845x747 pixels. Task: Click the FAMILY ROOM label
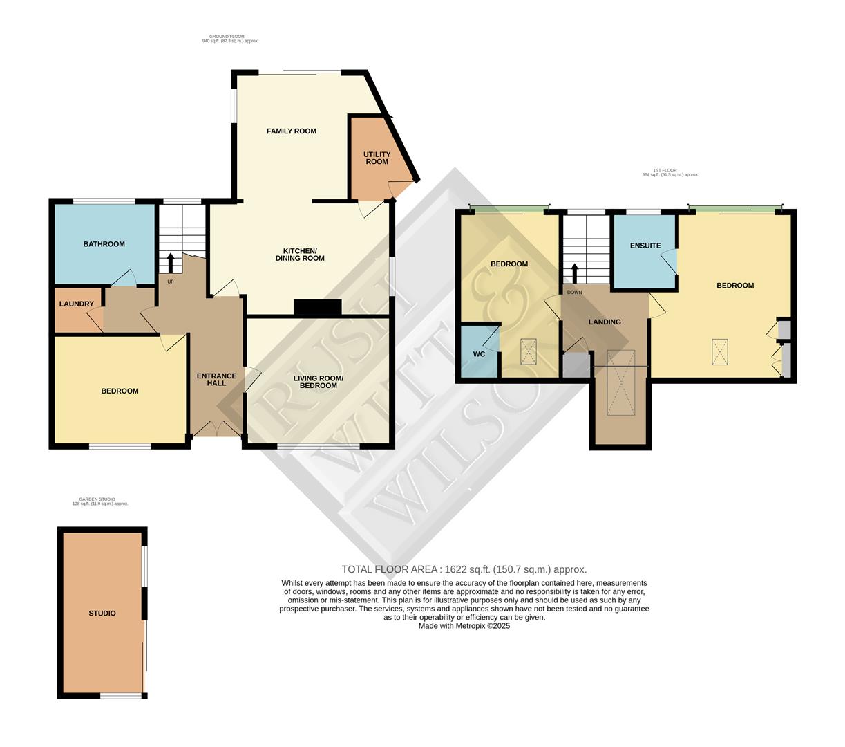(291, 131)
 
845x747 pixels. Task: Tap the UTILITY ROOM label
(377, 158)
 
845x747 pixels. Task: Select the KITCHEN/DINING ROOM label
(303, 254)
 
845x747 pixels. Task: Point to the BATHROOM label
(104, 244)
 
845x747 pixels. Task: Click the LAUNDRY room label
(76, 304)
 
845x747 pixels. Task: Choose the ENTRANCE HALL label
(216, 379)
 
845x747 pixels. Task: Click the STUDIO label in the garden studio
(102, 614)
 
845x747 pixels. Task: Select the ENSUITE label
(645, 246)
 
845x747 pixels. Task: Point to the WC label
(479, 354)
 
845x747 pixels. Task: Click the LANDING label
(604, 322)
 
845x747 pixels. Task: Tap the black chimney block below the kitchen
(317, 307)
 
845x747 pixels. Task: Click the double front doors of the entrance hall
(216, 430)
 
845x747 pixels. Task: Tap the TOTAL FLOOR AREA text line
(464, 570)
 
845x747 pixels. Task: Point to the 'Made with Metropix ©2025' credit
(464, 626)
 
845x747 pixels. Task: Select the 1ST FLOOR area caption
(670, 172)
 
